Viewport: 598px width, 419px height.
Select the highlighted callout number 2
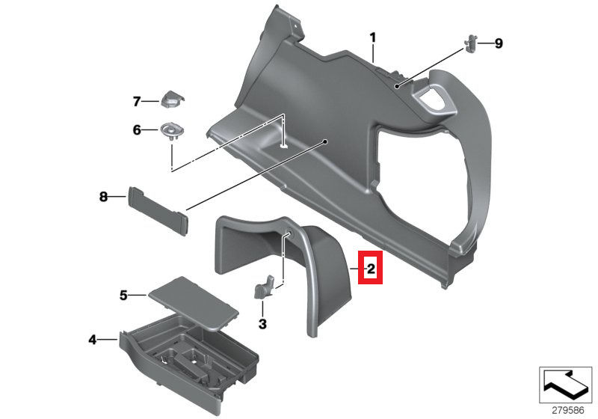371,267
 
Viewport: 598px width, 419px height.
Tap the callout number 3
262,324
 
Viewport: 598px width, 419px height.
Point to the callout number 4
93,340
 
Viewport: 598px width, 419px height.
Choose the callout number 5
124,295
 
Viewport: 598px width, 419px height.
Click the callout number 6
137,130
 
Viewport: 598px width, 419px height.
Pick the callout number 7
137,101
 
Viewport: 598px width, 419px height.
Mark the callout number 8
104,197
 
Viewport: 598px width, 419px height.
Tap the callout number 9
499,43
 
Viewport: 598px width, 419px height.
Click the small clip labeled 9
472,43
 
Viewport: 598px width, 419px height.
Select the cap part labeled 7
173,100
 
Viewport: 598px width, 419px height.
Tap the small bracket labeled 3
265,287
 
